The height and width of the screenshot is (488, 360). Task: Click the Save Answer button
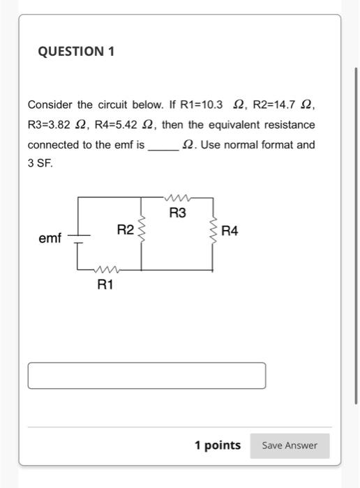[x=290, y=445]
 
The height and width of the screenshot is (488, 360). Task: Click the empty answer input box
[x=147, y=375]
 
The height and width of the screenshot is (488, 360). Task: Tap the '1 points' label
[x=218, y=445]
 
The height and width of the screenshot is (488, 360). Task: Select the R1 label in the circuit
[x=105, y=284]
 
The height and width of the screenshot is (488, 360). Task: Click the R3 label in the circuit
[x=178, y=213]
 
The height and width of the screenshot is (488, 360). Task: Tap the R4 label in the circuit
[x=230, y=231]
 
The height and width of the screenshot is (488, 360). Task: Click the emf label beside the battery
[x=50, y=238]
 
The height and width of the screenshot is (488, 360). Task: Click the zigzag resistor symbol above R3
[x=177, y=198]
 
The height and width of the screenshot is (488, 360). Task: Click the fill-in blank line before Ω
[x=163, y=145]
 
